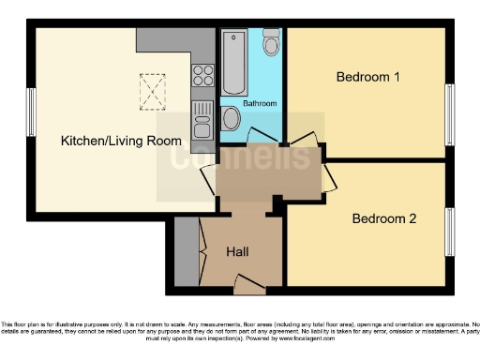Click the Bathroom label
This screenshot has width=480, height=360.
click(260, 103)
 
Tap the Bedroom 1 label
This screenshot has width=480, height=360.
click(368, 77)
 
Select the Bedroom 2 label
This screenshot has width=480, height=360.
click(383, 219)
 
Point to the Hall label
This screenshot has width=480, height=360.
click(237, 252)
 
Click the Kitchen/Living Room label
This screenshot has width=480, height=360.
click(109, 141)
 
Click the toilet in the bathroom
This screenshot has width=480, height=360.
click(271, 42)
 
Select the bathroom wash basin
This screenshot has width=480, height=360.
click(232, 118)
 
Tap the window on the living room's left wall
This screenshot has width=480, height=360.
click(30, 115)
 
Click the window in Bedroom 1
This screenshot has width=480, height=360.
click(448, 115)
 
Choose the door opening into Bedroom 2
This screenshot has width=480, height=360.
click(328, 178)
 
